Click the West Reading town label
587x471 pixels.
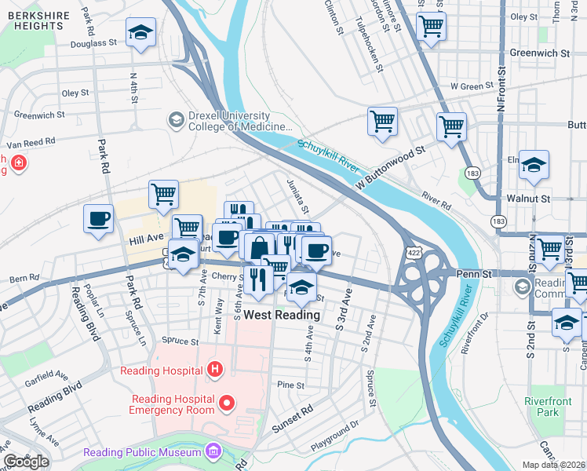pos(282,315)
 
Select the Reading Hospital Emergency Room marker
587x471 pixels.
pos(228,404)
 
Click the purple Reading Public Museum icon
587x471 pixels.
pos(212,452)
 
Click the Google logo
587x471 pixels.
pos(26,462)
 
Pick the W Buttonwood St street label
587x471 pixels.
pos(388,166)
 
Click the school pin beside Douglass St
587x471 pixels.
pos(141,32)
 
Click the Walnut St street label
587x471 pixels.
pos(527,199)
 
